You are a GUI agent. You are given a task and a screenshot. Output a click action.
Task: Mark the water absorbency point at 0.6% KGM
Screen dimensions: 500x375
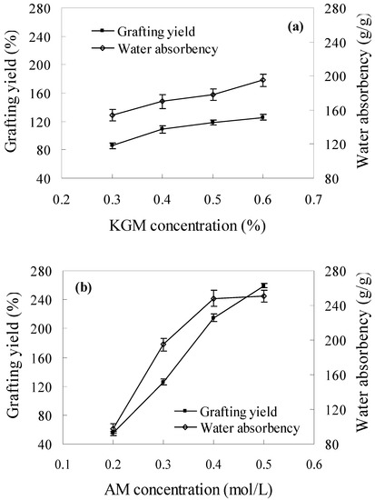pos(263,80)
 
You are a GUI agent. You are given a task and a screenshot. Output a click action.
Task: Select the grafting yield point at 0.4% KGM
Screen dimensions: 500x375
pos(163,129)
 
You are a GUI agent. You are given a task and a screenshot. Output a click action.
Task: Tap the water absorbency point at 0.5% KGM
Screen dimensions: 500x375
pos(213,95)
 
